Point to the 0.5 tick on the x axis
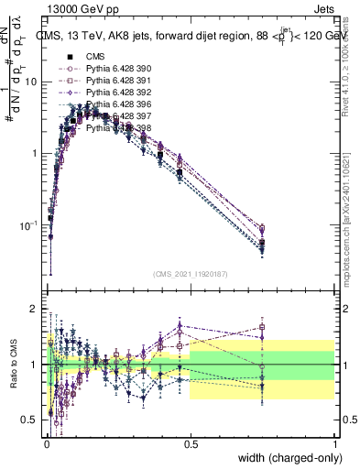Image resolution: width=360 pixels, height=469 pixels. tap(190, 442)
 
